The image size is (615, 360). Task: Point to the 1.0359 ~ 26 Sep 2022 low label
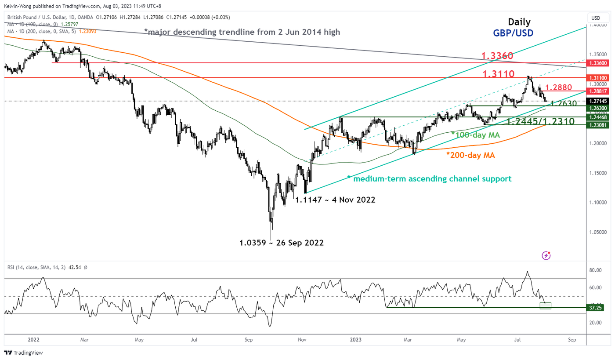click(x=281, y=242)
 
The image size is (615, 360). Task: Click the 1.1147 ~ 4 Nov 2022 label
click(x=335, y=200)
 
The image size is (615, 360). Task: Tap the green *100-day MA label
click(x=476, y=135)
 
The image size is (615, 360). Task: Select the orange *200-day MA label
click(x=470, y=155)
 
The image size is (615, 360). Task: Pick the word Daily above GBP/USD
click(x=519, y=22)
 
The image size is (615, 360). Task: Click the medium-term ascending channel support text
click(x=429, y=178)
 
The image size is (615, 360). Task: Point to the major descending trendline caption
click(x=242, y=32)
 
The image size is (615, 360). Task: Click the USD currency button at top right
click(x=596, y=18)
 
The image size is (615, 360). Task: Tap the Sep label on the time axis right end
click(x=572, y=339)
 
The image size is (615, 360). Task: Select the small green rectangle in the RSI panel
click(x=545, y=306)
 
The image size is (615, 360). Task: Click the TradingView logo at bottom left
click(x=23, y=353)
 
